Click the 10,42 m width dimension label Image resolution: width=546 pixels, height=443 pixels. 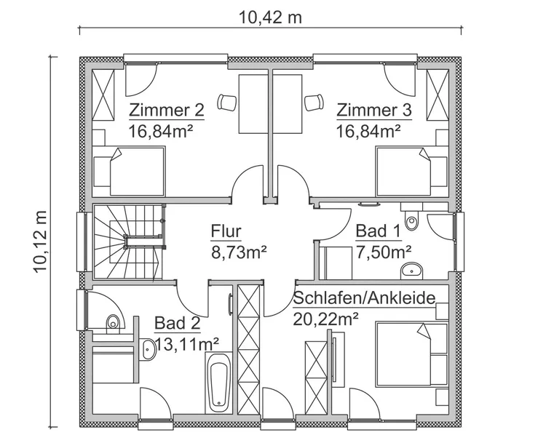pyautogui.click(x=270, y=17)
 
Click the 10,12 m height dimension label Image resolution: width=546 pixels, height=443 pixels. pyautogui.click(x=40, y=242)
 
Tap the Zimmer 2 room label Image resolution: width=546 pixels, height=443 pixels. pyautogui.click(x=167, y=111)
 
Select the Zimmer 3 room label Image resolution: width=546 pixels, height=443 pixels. pyautogui.click(x=374, y=111)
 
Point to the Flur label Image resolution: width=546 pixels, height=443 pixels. pyautogui.click(x=226, y=231)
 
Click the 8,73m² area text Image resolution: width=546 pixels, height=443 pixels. pyautogui.click(x=239, y=252)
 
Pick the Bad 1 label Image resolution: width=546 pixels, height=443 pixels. pyautogui.click(x=378, y=231)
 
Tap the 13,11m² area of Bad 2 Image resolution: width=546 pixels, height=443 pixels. pyautogui.click(x=186, y=345)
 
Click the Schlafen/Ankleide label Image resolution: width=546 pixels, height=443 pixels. pyautogui.click(x=364, y=298)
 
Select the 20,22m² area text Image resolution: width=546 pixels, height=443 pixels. pyautogui.click(x=325, y=319)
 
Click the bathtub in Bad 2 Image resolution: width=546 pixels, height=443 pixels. pyautogui.click(x=218, y=383)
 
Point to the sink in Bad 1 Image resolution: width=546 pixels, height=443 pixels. pyautogui.click(x=412, y=271)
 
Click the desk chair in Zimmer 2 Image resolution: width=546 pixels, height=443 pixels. pyautogui.click(x=227, y=103)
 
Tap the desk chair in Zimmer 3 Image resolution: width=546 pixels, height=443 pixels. pyautogui.click(x=314, y=103)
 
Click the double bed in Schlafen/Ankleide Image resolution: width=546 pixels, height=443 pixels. pyautogui.click(x=411, y=354)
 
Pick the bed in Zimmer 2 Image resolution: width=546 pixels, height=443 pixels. pyautogui.click(x=129, y=171)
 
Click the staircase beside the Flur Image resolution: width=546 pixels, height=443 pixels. pyautogui.click(x=128, y=242)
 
